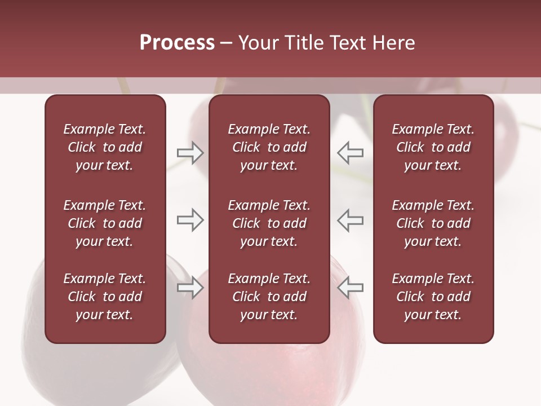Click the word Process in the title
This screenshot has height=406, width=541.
click(x=177, y=43)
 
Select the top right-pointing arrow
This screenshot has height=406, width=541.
click(x=190, y=153)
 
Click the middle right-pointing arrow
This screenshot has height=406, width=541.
click(x=190, y=220)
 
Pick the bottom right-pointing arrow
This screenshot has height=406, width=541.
click(x=190, y=288)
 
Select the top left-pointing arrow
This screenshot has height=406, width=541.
click(x=351, y=153)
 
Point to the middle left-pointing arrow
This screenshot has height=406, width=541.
click(x=351, y=220)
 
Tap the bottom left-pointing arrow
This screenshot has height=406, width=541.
click(x=351, y=288)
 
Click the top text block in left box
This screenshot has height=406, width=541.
click(x=105, y=147)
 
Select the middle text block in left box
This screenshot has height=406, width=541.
click(x=105, y=223)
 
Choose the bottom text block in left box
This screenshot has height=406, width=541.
click(x=105, y=297)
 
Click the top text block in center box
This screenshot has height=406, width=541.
click(x=269, y=147)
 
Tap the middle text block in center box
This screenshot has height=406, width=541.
click(x=269, y=223)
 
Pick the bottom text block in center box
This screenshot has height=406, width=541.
click(x=269, y=297)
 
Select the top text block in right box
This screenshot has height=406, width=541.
click(x=433, y=147)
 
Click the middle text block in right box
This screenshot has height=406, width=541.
click(x=433, y=223)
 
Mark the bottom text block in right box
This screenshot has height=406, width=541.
click(x=433, y=297)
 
